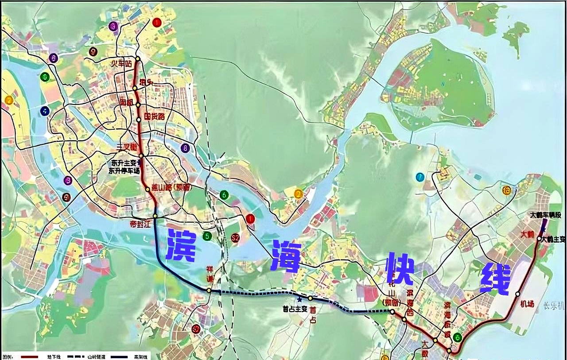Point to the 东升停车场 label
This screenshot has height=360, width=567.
(x=124, y=170)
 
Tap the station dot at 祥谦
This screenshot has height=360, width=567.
(x=208, y=290)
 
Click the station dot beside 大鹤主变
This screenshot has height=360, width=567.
(x=539, y=239)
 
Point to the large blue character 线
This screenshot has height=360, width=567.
(x=495, y=279)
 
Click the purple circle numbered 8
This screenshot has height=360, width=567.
(x=185, y=148)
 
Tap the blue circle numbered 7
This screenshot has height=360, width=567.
(x=420, y=177)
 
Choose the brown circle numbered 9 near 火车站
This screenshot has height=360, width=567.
(x=93, y=51)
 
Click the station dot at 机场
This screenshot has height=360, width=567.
(x=517, y=294)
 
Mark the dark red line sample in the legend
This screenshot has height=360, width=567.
(x=29, y=356)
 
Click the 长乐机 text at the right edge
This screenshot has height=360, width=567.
(x=556, y=306)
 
